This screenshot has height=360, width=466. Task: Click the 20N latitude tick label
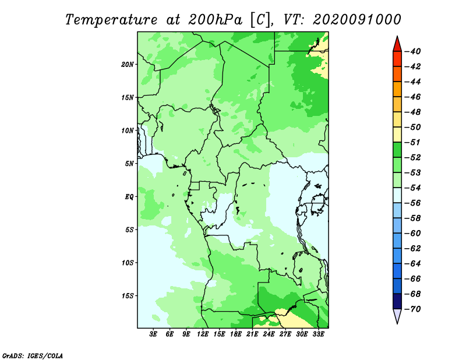click(128, 65)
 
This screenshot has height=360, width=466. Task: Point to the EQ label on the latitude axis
click(129, 197)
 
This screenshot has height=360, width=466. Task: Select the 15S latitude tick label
click(128, 296)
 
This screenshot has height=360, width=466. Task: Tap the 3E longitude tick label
click(153, 334)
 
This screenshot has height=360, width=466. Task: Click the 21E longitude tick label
click(252, 334)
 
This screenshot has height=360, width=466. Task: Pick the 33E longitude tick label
click(318, 334)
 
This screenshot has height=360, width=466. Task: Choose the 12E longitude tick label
click(202, 334)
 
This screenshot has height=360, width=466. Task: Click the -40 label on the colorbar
click(412, 51)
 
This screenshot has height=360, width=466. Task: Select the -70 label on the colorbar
click(412, 309)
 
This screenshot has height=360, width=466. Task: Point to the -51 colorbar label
click(412, 142)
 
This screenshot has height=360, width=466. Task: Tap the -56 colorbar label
click(412, 203)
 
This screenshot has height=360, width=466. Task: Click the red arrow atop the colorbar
click(397, 44)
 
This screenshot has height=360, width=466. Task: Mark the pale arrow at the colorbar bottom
click(397, 316)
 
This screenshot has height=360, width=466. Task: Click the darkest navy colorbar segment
click(397, 301)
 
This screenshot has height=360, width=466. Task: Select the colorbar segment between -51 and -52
click(397, 150)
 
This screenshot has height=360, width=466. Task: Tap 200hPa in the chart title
click(216, 20)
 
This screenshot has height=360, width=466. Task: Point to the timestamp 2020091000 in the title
click(356, 20)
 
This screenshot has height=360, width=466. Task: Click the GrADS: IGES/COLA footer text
click(33, 355)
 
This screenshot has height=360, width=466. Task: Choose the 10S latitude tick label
click(128, 263)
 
